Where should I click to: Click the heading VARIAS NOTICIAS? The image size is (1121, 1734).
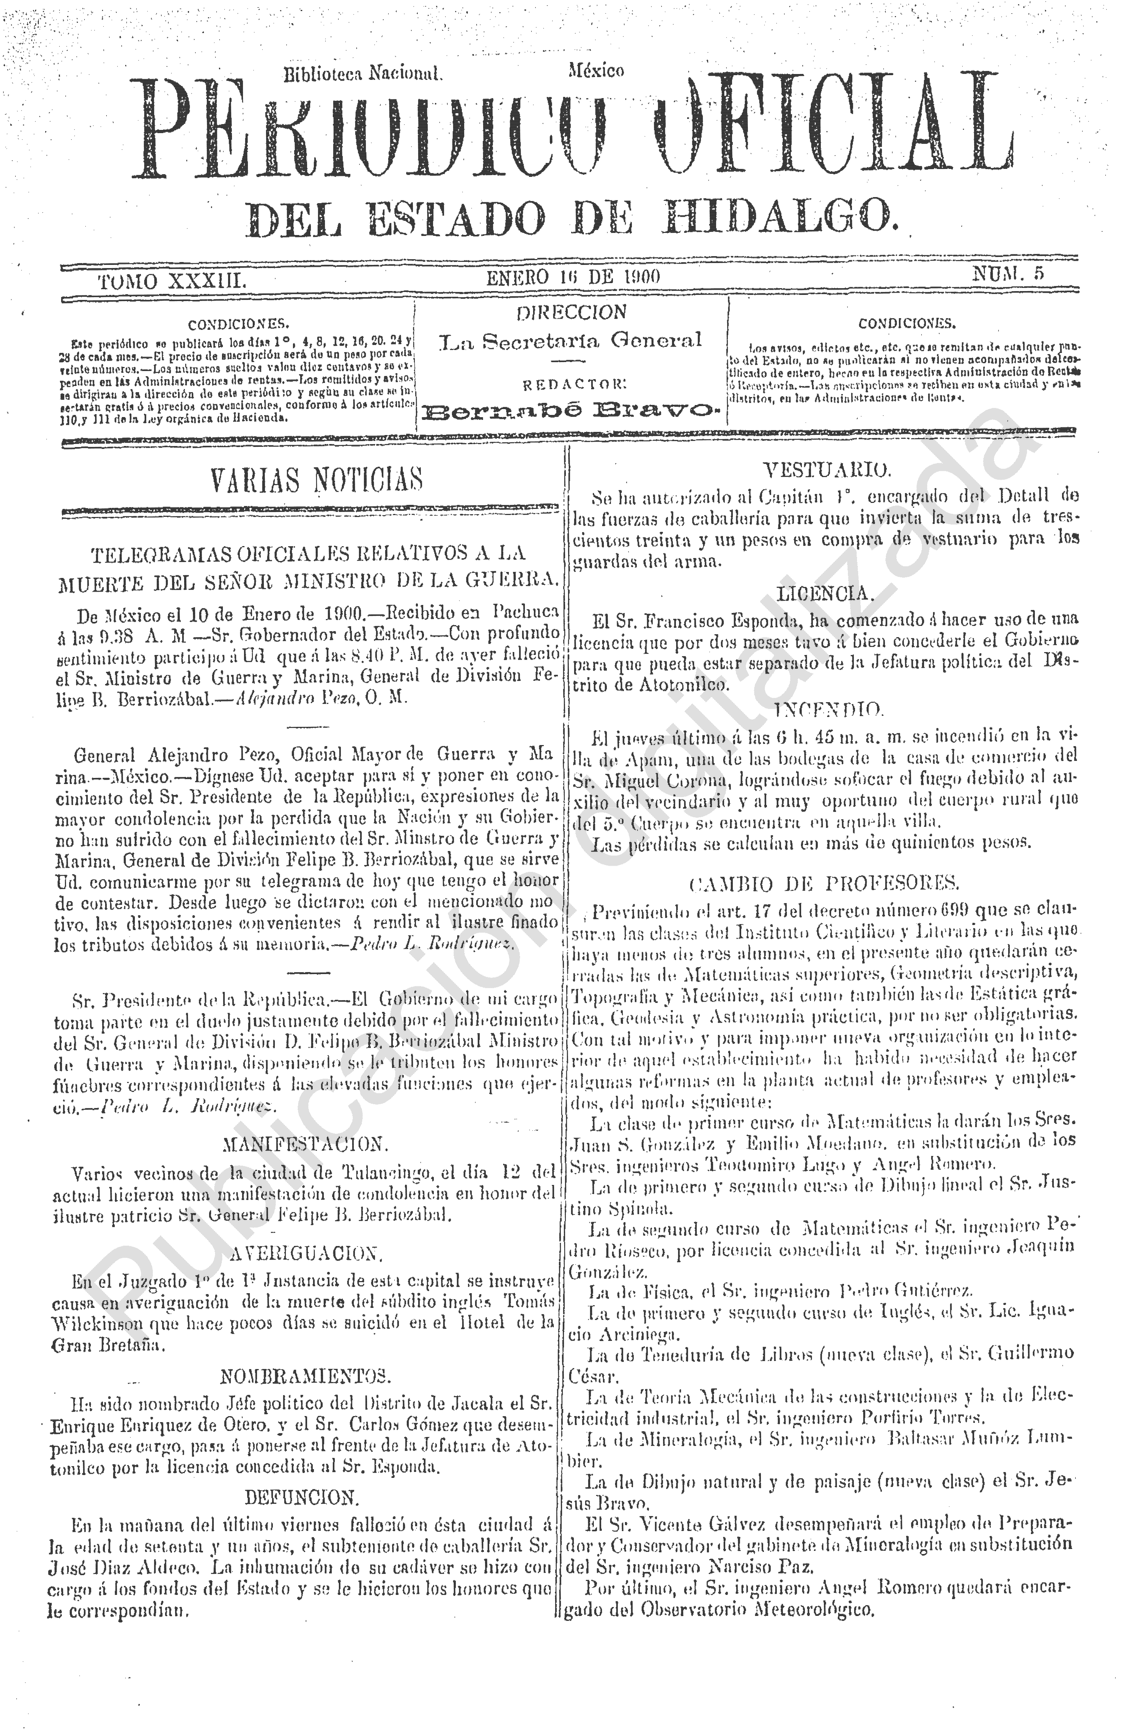pyautogui.click(x=316, y=480)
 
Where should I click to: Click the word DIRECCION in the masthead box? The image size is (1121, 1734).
pyautogui.click(x=571, y=313)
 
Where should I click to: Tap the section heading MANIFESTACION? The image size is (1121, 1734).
pyautogui.click(x=305, y=1144)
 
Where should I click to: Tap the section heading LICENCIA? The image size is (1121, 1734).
pyautogui.click(x=825, y=594)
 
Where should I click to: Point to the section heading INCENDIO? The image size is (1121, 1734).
pyautogui.click(x=828, y=710)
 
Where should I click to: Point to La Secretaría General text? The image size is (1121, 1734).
pyautogui.click(x=571, y=340)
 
